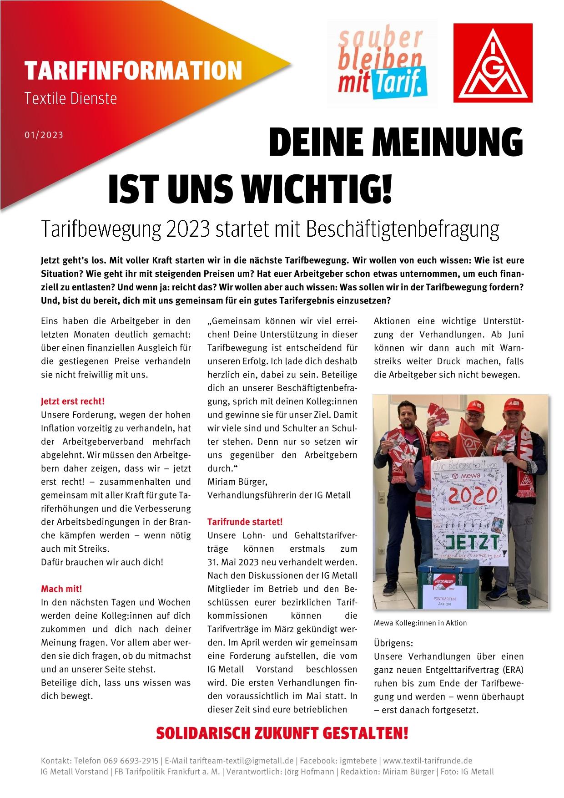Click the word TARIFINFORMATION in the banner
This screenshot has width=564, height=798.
point(133,71)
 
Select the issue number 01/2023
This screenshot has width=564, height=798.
point(44,135)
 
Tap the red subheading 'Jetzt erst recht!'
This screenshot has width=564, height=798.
point(73,402)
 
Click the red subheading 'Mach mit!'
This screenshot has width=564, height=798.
point(61,589)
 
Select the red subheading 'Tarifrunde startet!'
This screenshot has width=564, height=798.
point(245,522)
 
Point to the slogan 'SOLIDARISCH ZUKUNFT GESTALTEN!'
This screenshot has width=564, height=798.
point(282,733)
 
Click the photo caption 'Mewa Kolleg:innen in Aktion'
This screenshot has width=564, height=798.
point(420,623)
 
